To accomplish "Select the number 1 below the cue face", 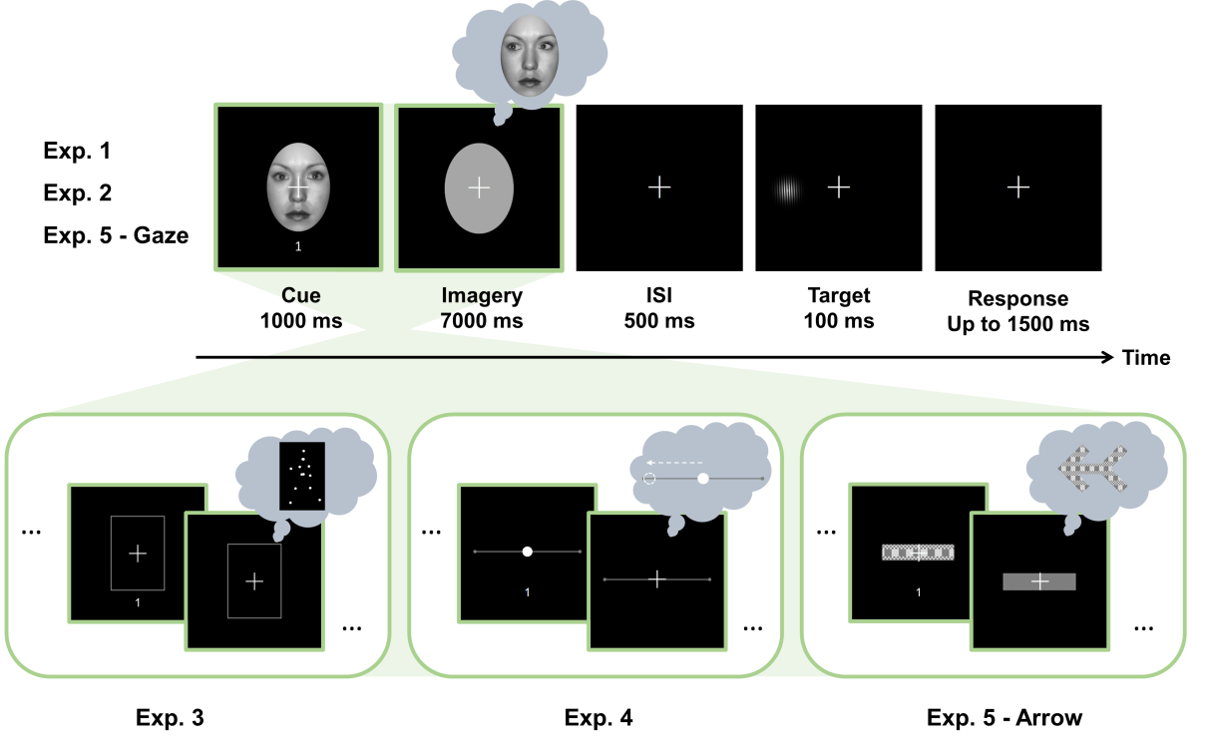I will click(297, 246).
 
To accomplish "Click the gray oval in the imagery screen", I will click(479, 187).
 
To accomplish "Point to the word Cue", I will click(300, 295).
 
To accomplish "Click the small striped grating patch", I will click(788, 188).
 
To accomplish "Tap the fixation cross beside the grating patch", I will click(838, 186).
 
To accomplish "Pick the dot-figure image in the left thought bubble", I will click(302, 475).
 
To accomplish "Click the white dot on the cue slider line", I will click(527, 552).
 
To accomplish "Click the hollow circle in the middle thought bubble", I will click(649, 479).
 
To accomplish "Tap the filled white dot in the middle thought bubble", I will click(703, 479).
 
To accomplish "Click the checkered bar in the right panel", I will click(918, 553).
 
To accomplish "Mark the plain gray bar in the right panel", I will click(1039, 581).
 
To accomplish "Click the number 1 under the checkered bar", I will click(919, 592).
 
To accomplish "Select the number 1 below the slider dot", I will click(527, 592).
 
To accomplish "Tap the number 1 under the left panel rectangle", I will click(138, 601).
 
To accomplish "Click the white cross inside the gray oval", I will click(479, 187).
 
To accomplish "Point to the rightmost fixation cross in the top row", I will click(1017, 186).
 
